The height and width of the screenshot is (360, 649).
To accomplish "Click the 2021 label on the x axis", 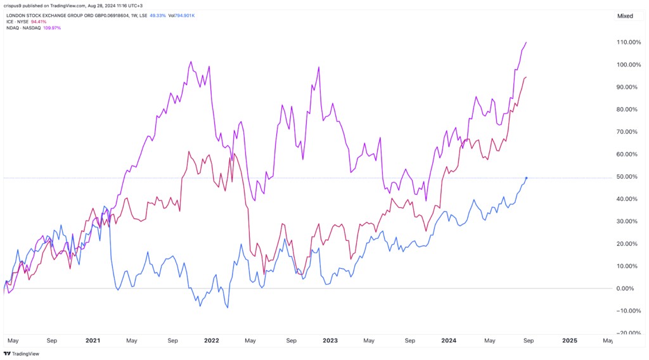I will tap(93, 340).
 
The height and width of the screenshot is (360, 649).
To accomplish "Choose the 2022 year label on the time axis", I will tap(212, 340).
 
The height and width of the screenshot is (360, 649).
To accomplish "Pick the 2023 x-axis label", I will tap(330, 340).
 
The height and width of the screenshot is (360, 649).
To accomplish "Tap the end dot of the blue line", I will tap(527, 178).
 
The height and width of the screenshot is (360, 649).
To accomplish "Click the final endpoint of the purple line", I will tap(527, 42).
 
